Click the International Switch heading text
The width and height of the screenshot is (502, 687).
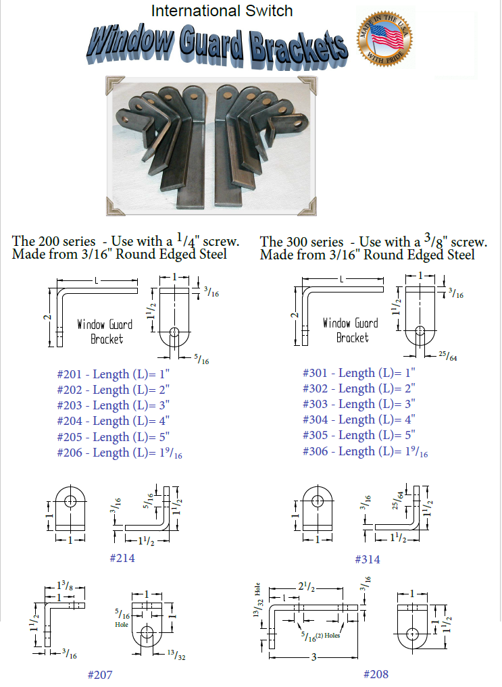(x=222, y=11)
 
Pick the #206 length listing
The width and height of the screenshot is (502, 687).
(x=120, y=453)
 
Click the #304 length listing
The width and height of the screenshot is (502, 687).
(x=358, y=419)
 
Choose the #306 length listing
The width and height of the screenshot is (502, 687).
(x=365, y=451)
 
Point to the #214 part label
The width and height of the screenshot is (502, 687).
(x=122, y=558)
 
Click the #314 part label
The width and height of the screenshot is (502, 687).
(x=367, y=559)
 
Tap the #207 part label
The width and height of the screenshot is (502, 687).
(x=99, y=674)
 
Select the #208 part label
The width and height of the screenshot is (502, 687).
(x=376, y=674)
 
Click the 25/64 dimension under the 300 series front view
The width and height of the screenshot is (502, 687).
(x=448, y=355)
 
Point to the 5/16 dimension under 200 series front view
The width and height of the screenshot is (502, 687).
(x=201, y=359)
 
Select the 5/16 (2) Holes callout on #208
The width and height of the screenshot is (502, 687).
(x=321, y=636)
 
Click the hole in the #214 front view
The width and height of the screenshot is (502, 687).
(x=70, y=500)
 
